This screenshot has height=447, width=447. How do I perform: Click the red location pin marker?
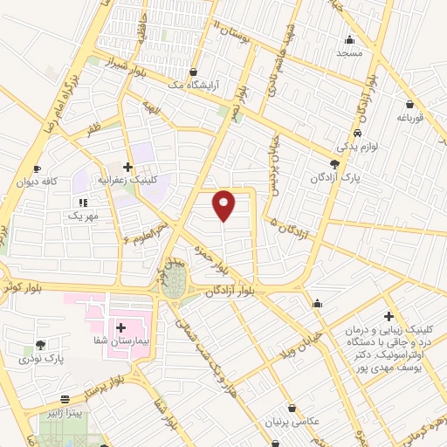[x=224, y=205]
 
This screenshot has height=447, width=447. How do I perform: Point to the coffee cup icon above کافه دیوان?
[x=37, y=169]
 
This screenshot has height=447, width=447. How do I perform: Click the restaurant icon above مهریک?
[x=84, y=202]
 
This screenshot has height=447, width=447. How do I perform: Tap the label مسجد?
[x=349, y=52]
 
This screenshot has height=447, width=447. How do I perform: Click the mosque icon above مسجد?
[x=350, y=39]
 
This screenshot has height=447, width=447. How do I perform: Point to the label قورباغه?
[x=409, y=116]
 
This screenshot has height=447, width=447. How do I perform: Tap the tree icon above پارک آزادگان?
[x=335, y=164]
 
